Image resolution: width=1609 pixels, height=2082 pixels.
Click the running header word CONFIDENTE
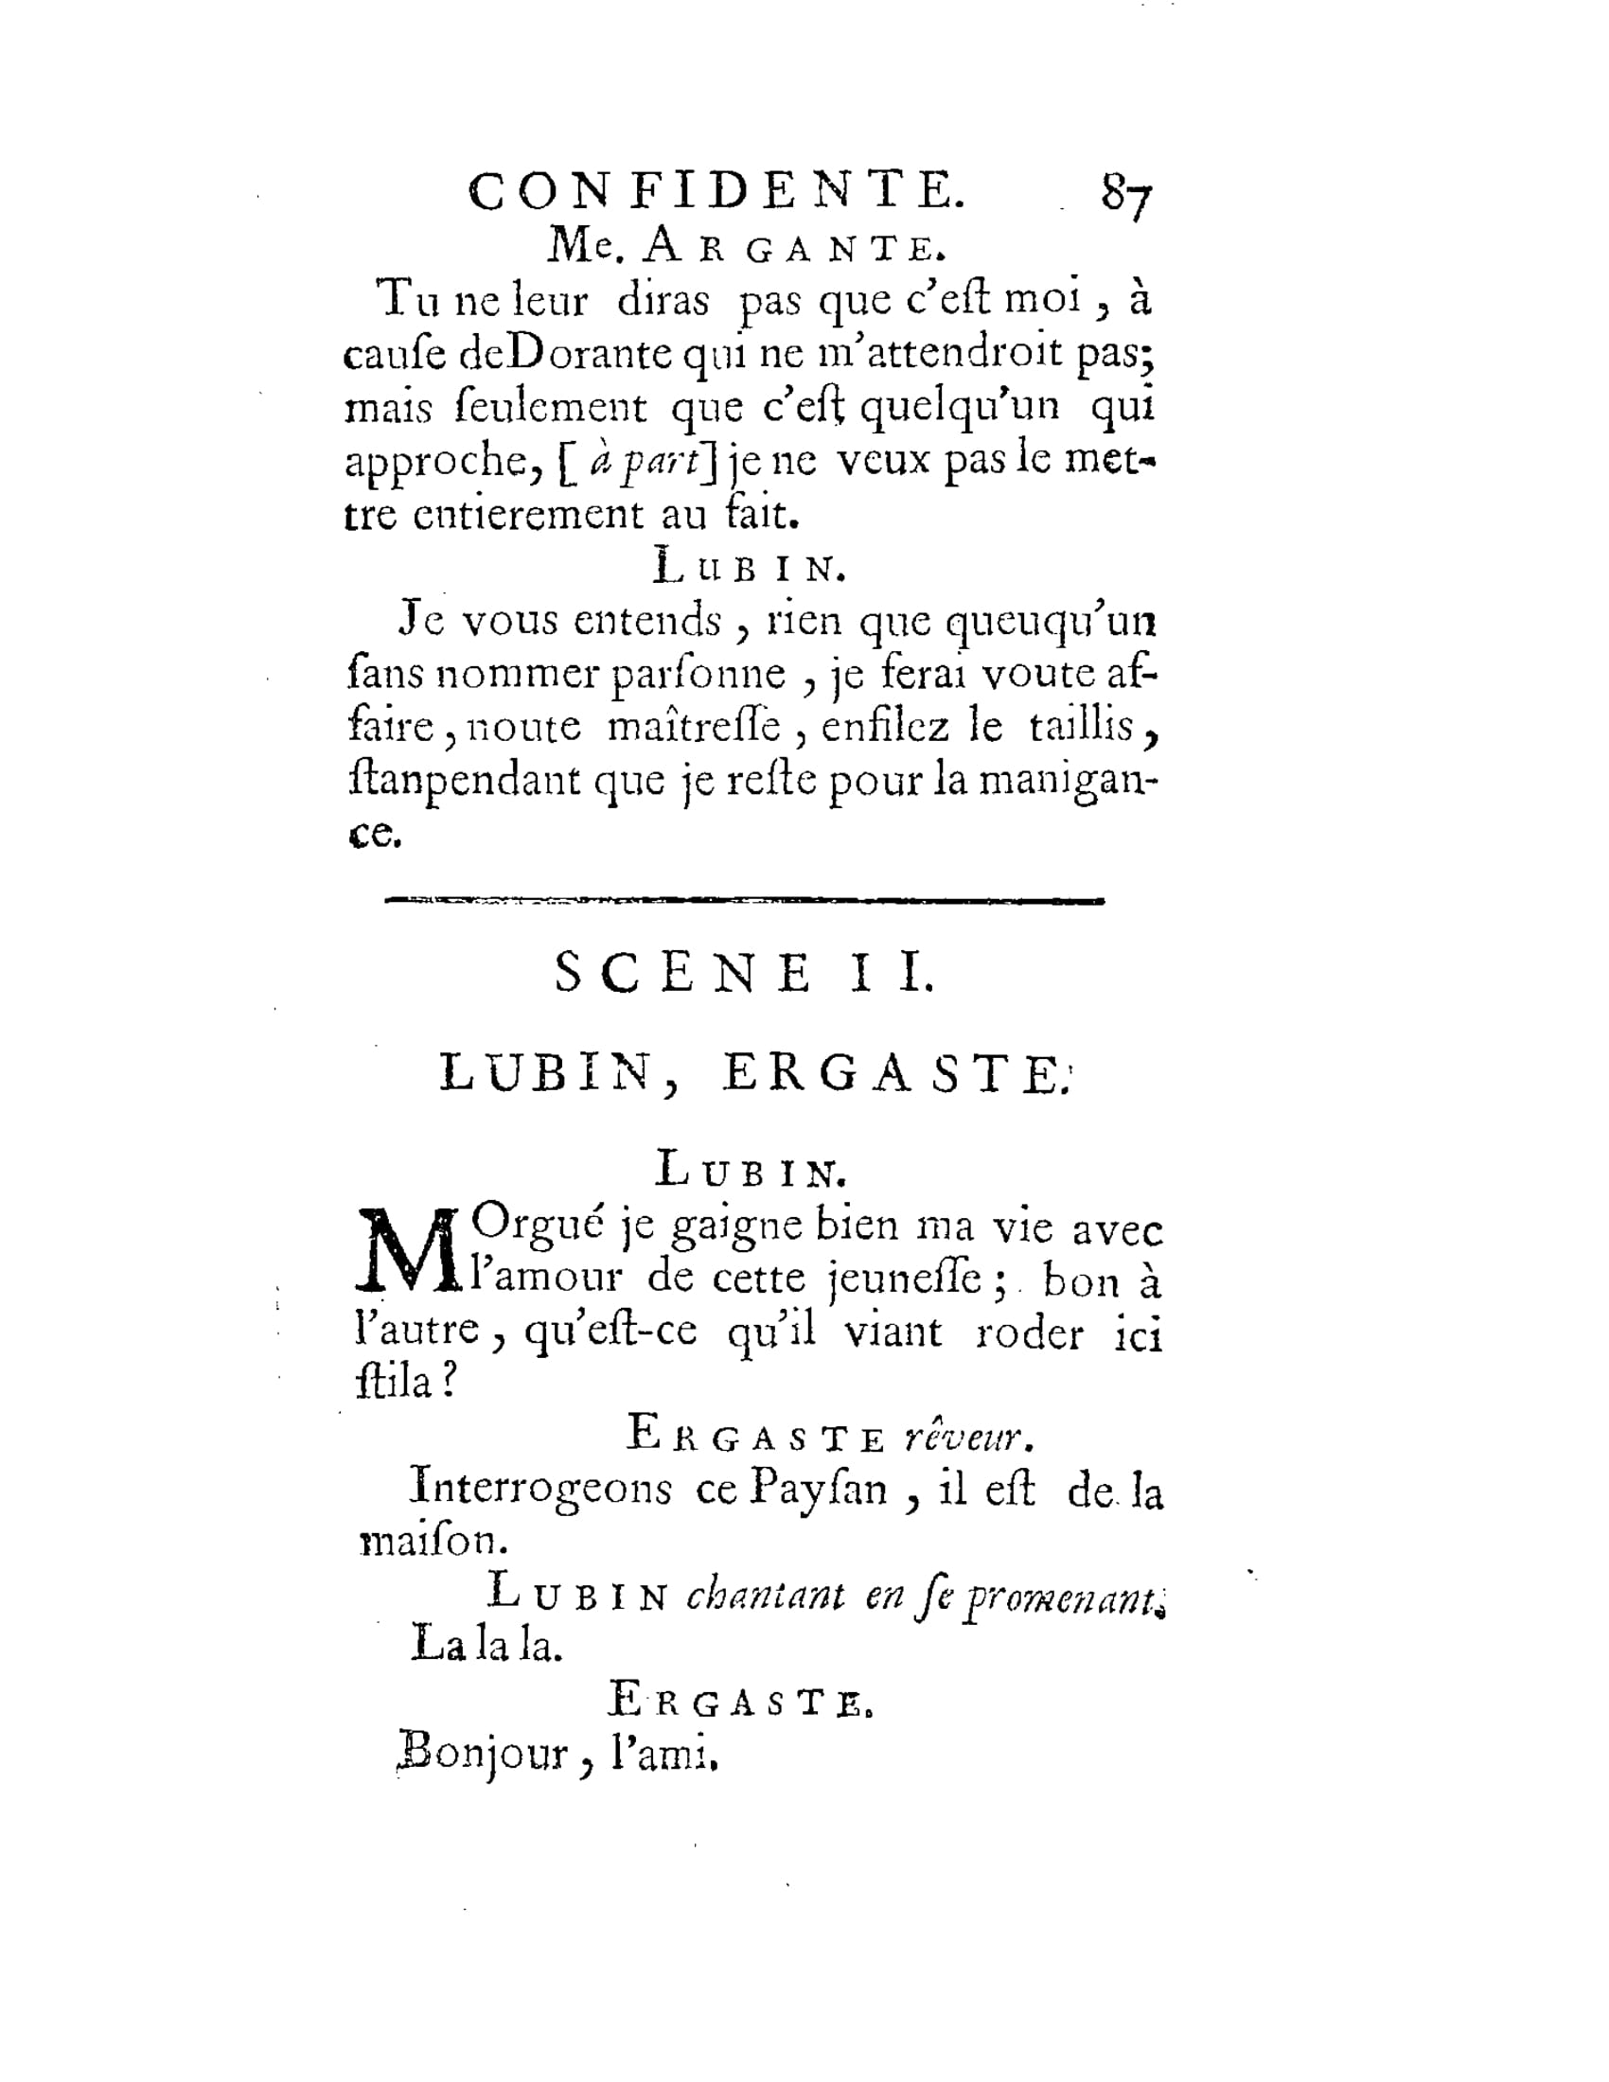coord(716,191)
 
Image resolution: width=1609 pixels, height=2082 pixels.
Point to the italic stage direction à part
coord(644,462)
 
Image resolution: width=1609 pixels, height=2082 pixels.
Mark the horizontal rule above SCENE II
coord(744,899)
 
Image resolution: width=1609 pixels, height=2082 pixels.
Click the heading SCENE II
coord(745,974)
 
